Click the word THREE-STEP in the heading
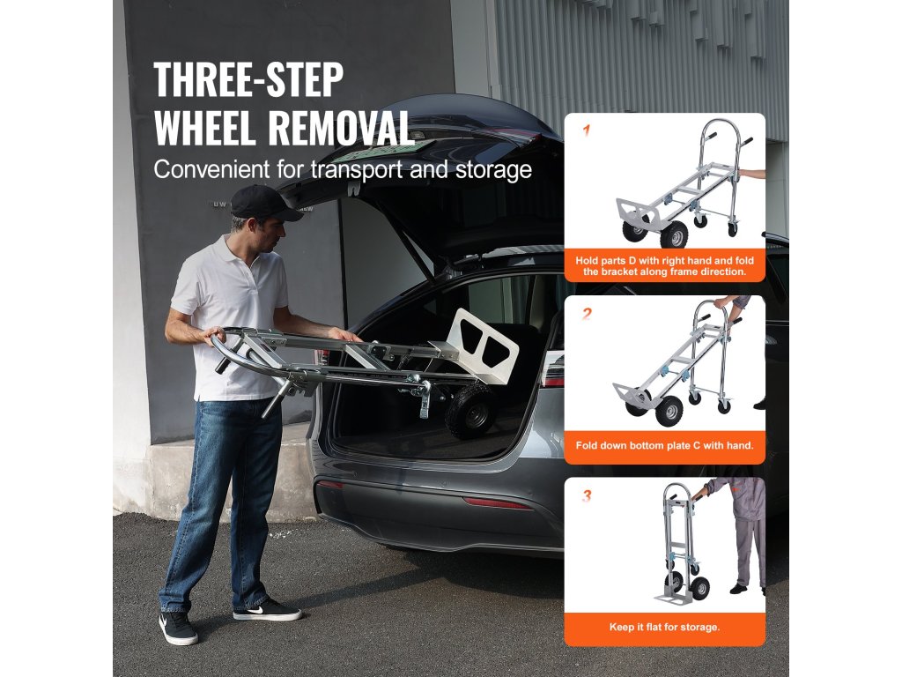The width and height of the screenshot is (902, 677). [248, 79]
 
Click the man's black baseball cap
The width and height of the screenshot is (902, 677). [264, 203]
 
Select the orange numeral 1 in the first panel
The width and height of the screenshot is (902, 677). [586, 130]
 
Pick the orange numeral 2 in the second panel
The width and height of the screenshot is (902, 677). [587, 314]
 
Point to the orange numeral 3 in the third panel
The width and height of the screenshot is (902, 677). [587, 495]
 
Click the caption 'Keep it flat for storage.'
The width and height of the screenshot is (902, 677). [664, 627]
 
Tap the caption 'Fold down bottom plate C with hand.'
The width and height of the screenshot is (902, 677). [664, 445]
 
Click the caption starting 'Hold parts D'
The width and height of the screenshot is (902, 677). [664, 266]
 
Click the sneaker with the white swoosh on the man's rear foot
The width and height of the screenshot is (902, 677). [178, 628]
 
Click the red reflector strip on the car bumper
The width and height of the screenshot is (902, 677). [498, 503]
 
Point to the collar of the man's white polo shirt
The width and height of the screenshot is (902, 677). [247, 252]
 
